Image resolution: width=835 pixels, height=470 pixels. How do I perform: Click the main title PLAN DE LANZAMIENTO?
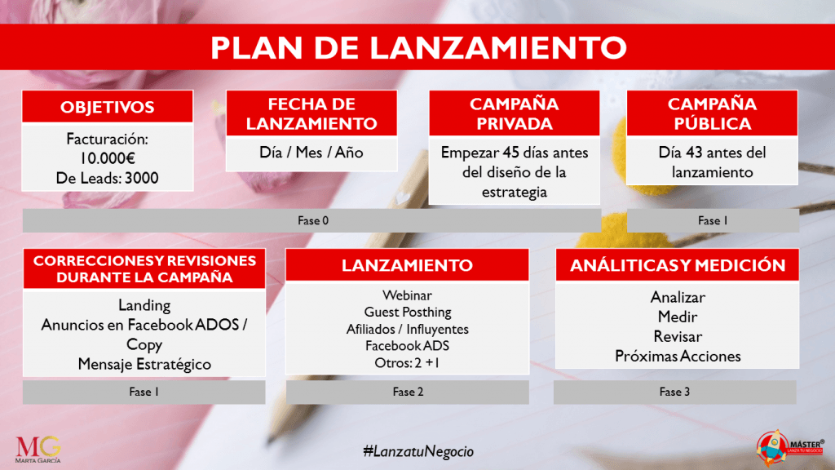pos(418,47)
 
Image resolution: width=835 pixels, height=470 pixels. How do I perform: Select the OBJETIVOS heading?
pos(107,107)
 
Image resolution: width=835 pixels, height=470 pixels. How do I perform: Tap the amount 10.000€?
pos(107,158)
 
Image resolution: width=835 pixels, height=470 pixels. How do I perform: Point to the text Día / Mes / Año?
pos(311,153)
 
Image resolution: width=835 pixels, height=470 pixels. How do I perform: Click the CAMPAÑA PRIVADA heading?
pos(515,113)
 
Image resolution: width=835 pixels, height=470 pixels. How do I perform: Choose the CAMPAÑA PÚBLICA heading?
pos(713,113)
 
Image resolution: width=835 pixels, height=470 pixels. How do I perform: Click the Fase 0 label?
pos(313,220)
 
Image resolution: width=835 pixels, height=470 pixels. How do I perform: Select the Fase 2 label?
pos(408,392)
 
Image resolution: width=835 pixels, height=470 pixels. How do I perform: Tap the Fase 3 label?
pos(674,392)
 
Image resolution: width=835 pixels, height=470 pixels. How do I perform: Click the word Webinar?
pos(408,295)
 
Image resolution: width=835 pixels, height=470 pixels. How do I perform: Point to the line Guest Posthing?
pos(408,312)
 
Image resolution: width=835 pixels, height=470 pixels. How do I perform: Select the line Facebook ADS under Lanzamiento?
pos(408,346)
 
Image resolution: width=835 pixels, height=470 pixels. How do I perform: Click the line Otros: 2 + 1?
pos(408,363)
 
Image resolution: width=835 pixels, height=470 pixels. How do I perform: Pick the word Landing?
pos(144,305)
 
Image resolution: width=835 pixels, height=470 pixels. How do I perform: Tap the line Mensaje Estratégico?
pos(144,365)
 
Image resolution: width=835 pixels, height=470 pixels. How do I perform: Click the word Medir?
pos(678,317)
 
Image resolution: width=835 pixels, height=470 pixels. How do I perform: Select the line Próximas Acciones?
pos(678,357)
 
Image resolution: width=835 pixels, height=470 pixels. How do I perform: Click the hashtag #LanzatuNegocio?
pos(418,451)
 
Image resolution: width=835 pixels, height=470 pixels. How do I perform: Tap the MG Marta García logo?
pos(38,450)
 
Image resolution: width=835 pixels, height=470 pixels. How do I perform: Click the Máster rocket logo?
pos(790,446)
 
